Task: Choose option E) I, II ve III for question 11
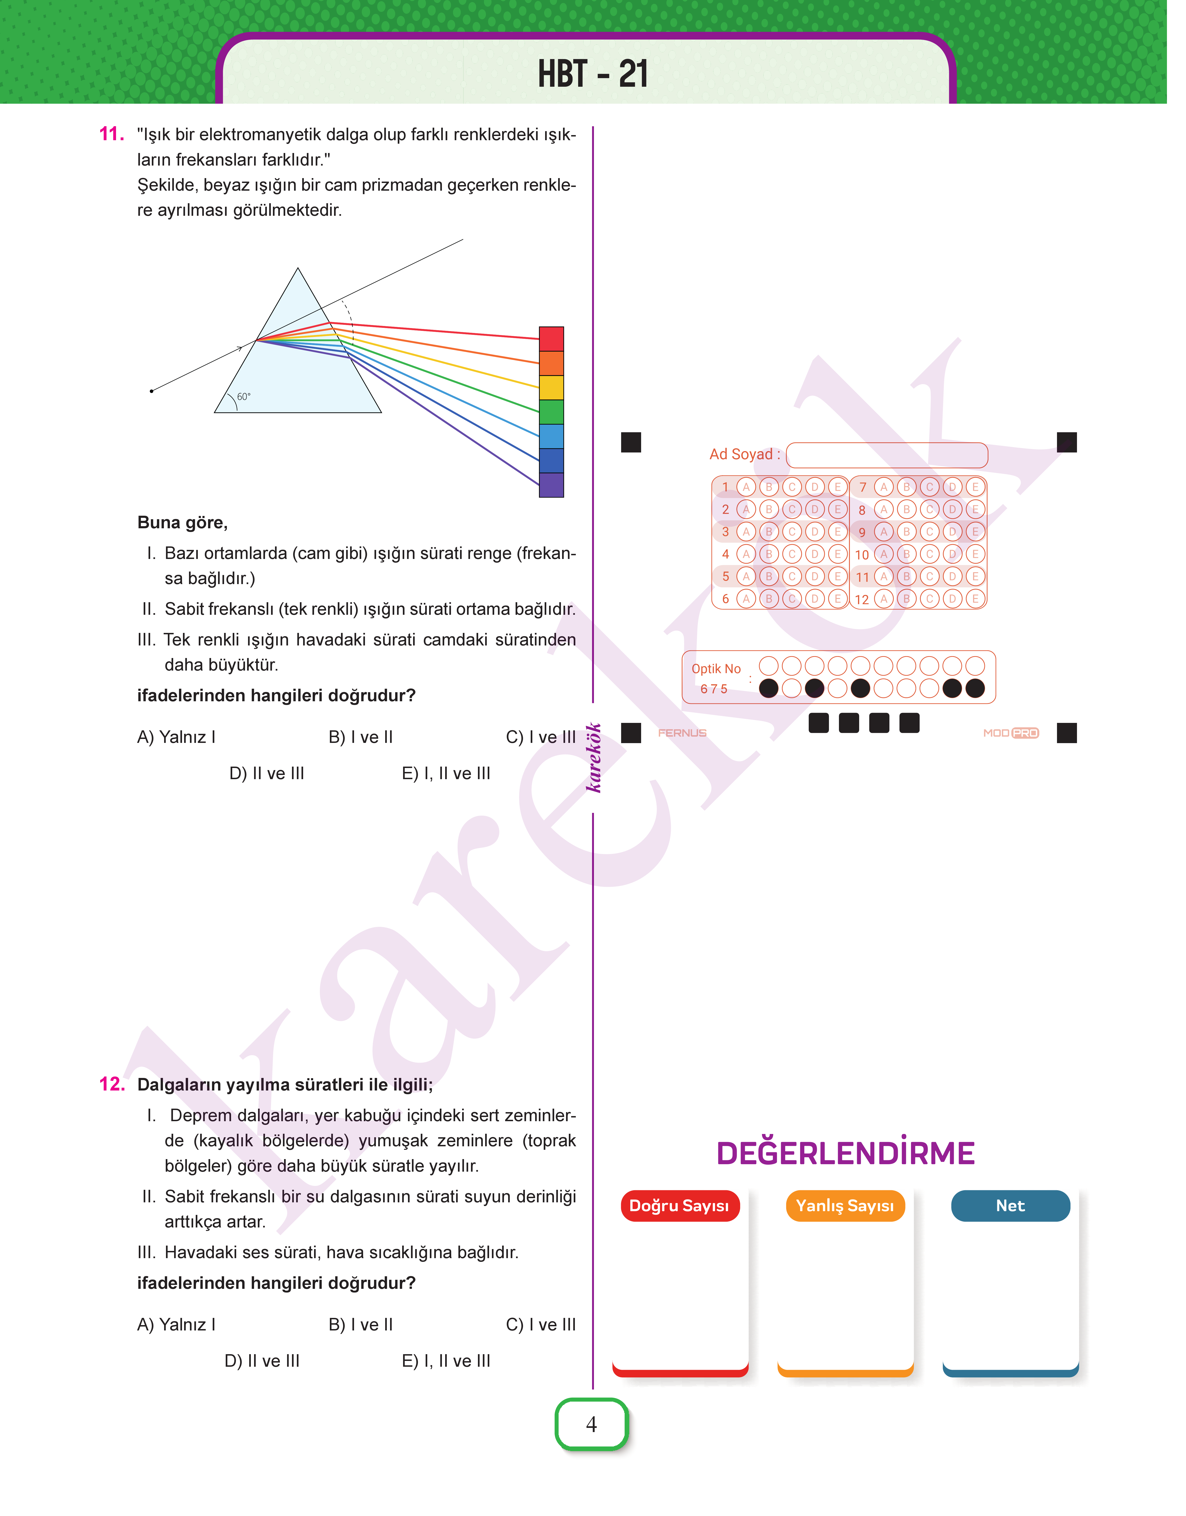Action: point(446,774)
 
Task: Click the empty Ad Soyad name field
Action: point(887,455)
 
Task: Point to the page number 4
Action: point(592,1424)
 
